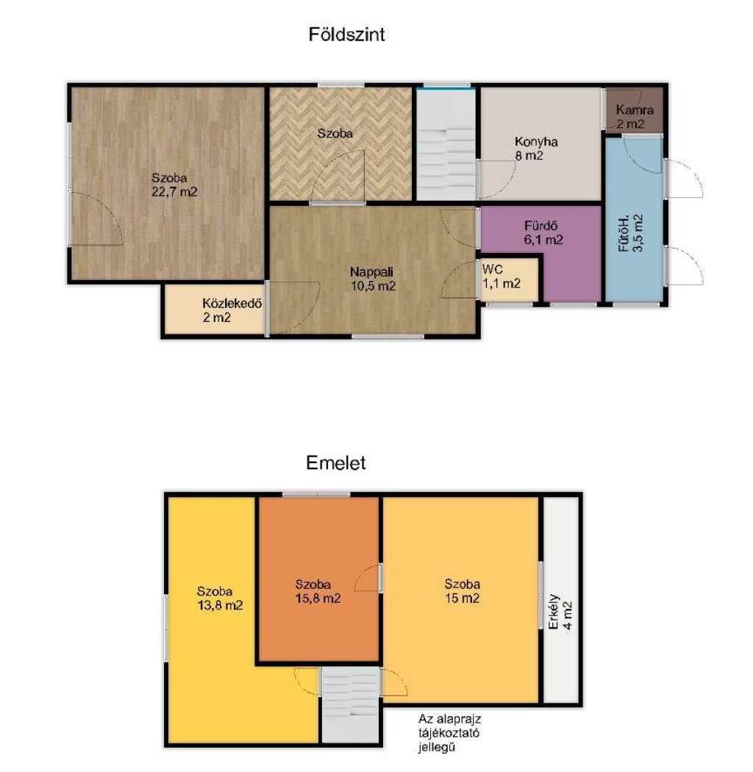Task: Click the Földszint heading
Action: point(346,35)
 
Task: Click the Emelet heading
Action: point(336,462)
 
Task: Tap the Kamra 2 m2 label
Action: point(635,117)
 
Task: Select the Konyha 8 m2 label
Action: point(536,149)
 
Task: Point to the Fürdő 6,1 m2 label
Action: point(543,233)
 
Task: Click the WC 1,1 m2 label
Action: point(502,276)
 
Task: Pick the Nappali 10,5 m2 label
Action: point(373,279)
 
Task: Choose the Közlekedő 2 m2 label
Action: point(232,310)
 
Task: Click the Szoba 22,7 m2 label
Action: point(174,185)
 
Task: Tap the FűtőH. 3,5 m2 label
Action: point(630,233)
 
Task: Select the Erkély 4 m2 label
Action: point(560,612)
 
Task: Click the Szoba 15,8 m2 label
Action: point(318,591)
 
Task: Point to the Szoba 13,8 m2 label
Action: point(220,598)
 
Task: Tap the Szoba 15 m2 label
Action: point(462,591)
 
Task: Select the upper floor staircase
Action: point(351,704)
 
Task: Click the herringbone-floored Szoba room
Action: point(340,144)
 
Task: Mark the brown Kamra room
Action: point(635,111)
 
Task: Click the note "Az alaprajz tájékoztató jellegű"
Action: point(449,733)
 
